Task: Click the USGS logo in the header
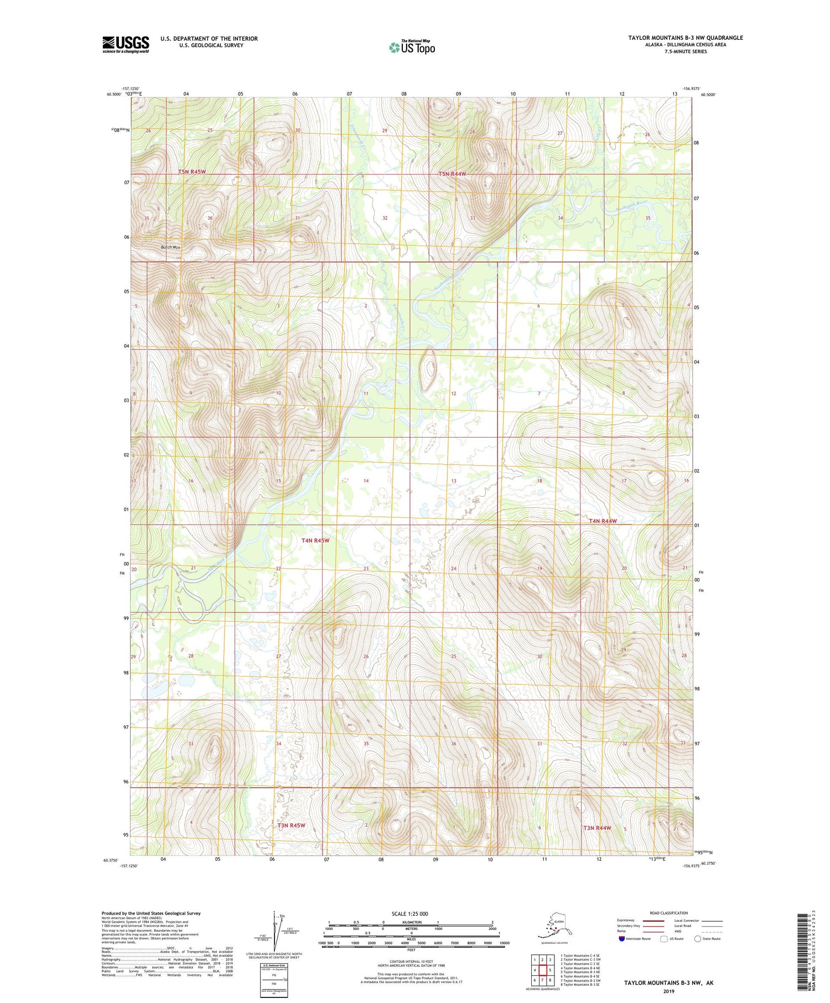tap(126, 44)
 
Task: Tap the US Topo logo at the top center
tap(412, 47)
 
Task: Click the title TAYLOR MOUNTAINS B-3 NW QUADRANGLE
tap(685, 38)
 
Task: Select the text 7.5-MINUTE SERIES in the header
tap(685, 51)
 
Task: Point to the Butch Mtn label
tap(171, 247)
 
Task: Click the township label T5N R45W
tap(192, 172)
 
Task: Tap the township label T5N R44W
tap(452, 174)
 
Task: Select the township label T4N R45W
tap(315, 541)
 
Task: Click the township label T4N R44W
tap(603, 521)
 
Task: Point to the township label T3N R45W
tap(291, 825)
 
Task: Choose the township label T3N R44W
tap(597, 828)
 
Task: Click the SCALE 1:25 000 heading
tap(409, 913)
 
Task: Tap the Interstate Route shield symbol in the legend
tap(621, 938)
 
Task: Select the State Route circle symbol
tap(698, 938)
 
